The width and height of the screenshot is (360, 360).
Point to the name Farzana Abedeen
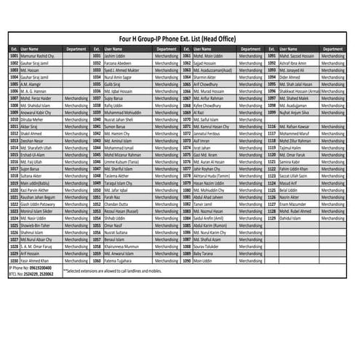(x=121, y=62)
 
